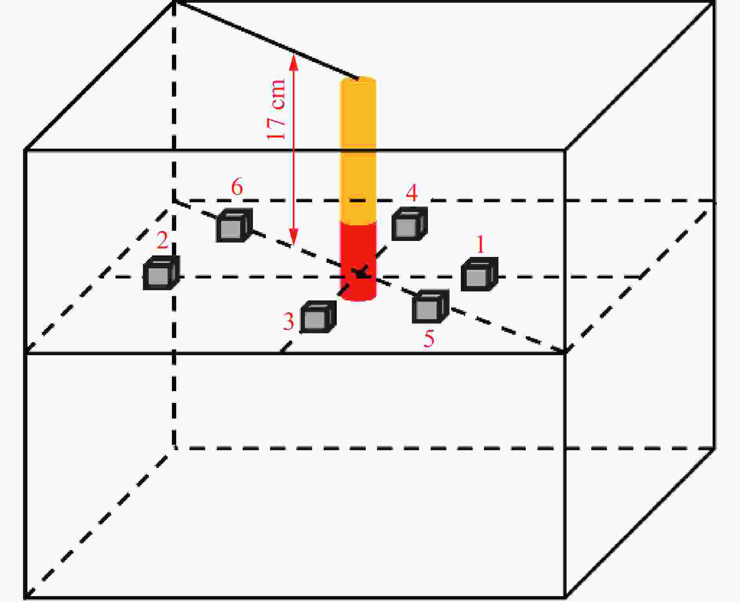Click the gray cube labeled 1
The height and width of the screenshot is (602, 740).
(x=479, y=274)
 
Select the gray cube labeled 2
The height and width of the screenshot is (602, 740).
(x=161, y=273)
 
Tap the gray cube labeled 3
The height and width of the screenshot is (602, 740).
(x=318, y=317)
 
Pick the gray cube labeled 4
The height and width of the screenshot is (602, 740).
(x=410, y=224)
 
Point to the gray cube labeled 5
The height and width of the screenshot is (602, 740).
(x=430, y=307)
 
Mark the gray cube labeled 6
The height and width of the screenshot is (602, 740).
(x=234, y=225)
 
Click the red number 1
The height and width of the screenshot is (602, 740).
(x=480, y=244)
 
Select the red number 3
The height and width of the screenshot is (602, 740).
(x=289, y=322)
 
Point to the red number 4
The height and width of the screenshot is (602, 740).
(x=412, y=193)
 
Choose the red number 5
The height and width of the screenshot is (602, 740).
(x=429, y=338)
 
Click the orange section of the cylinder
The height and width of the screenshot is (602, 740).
(x=358, y=151)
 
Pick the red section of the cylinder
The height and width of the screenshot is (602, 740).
(x=358, y=261)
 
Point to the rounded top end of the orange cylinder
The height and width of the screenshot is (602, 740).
(x=358, y=79)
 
